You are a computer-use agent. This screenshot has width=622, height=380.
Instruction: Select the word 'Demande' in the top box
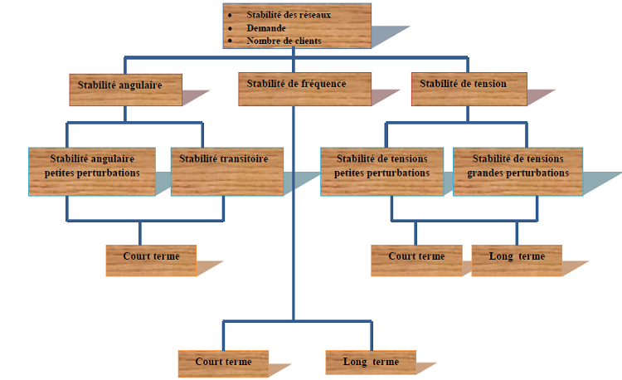point(266,27)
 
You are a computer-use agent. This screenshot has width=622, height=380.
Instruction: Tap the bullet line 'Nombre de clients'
point(284,40)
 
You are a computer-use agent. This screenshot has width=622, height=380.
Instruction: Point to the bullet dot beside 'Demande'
point(230,28)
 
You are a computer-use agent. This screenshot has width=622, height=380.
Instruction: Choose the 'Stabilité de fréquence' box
point(291,89)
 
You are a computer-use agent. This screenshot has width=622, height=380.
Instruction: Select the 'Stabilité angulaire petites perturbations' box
point(92,172)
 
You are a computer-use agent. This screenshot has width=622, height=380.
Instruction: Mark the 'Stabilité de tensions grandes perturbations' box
point(518,172)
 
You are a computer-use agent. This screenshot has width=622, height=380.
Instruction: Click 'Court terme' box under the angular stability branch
point(151,260)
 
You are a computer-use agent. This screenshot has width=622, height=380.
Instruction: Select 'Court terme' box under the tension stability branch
point(416,260)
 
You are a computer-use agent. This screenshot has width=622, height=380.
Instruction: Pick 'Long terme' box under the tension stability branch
point(517,260)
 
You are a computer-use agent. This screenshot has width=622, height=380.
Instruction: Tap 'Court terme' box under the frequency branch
point(223,363)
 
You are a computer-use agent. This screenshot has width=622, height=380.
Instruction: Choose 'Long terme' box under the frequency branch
point(371,363)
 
